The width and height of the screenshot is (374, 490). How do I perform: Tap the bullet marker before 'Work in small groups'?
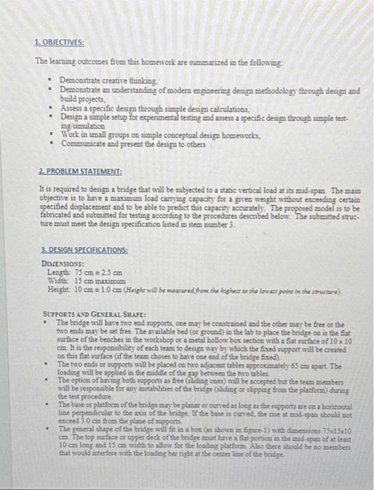tap(54, 133)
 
